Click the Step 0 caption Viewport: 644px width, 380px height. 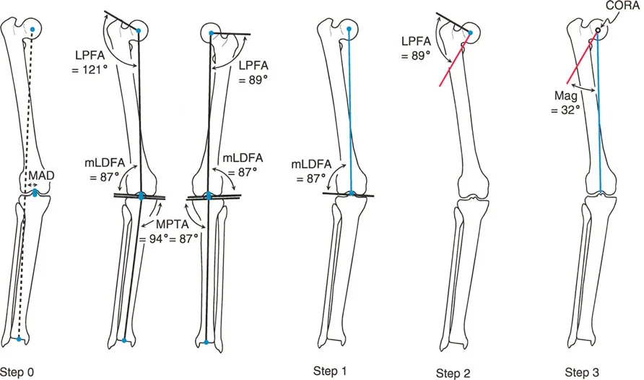(x=17, y=372)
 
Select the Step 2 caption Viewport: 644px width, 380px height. (x=454, y=373)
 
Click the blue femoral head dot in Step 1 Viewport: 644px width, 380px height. (x=349, y=30)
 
